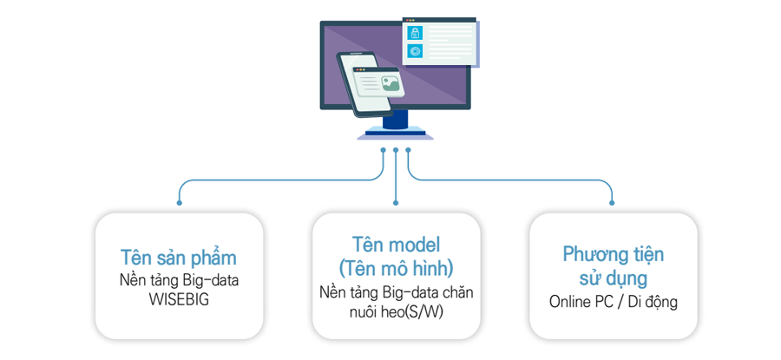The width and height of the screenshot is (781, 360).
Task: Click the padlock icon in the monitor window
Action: (x=415, y=33)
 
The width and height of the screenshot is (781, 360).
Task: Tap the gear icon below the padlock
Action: (x=415, y=50)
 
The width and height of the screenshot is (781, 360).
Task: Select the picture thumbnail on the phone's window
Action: (x=390, y=83)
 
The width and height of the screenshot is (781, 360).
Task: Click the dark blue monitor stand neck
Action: (x=396, y=120)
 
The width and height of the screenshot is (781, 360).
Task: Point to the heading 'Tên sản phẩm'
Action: (x=178, y=259)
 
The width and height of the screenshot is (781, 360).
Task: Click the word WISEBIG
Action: (x=179, y=301)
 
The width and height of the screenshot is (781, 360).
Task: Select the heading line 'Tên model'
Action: (x=396, y=245)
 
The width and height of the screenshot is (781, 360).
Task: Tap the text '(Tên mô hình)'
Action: (x=396, y=268)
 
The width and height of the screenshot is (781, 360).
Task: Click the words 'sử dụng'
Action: (x=613, y=278)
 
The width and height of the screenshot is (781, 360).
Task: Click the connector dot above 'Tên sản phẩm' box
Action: (x=180, y=203)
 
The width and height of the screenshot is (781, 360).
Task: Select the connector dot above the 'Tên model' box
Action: (x=396, y=203)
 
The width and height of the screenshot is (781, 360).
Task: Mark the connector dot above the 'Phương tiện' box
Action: (x=612, y=203)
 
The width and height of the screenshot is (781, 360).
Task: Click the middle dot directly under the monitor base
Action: (x=396, y=149)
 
